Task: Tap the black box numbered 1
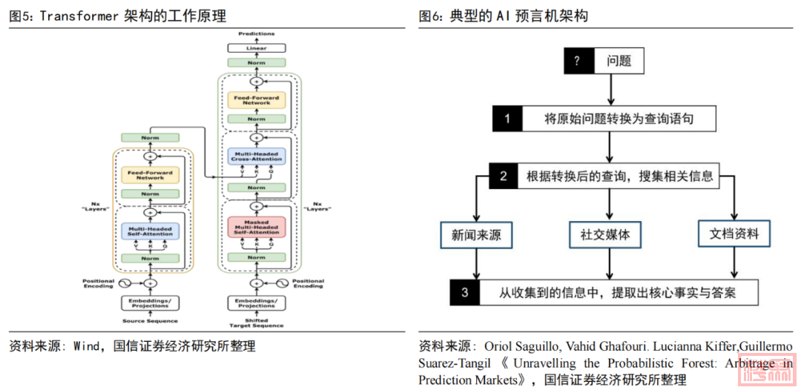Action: coord(507,119)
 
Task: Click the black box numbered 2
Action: coord(503,176)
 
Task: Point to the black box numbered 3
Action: coord(464,292)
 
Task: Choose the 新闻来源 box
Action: coord(476,234)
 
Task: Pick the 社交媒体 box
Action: coord(605,234)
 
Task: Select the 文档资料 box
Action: coord(734,234)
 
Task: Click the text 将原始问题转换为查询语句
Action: coord(619,119)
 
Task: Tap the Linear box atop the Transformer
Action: coord(257,48)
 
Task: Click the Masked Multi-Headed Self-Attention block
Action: coord(257,228)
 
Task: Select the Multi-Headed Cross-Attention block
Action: coord(257,156)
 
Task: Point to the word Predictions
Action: coord(257,34)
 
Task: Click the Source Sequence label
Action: coord(150,321)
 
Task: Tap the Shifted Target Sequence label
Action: coord(257,323)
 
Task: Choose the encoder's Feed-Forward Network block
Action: coord(151,175)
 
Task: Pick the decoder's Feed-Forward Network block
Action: coord(257,99)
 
